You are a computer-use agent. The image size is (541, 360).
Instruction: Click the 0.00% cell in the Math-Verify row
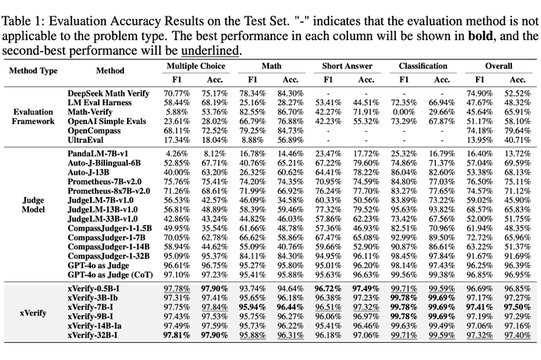point(405,111)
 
